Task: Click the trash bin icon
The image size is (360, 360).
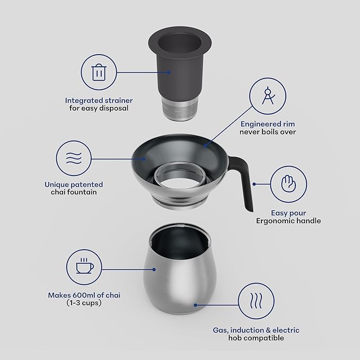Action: point(99,73)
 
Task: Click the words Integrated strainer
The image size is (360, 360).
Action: point(99,100)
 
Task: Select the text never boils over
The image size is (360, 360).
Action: point(268,131)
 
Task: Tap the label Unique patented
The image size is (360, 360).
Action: point(74,185)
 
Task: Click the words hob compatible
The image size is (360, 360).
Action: point(257,338)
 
